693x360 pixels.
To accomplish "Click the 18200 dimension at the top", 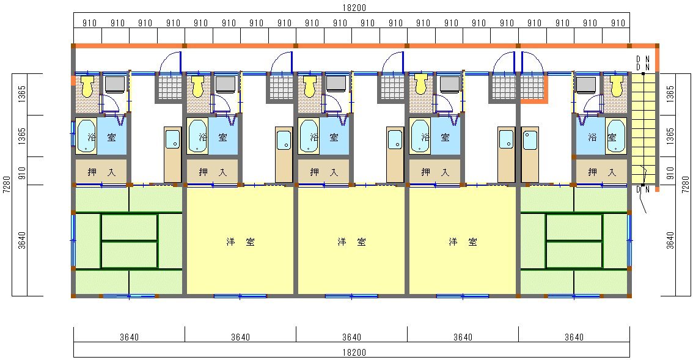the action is coord(354,8).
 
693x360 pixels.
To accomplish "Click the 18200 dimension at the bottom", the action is coord(354,353).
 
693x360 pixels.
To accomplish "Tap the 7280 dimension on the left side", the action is coord(6,185).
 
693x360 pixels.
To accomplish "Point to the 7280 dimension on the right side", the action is coord(686,185).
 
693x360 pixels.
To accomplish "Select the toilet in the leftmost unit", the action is coord(87,86).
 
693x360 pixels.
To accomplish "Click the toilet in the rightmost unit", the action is coord(617,86).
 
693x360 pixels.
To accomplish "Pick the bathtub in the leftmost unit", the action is coord(86,136).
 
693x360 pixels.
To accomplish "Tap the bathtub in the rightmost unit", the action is coord(615,136).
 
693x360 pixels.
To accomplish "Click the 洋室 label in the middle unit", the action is coord(351,242).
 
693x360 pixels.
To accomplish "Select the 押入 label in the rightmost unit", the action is coord(602,172).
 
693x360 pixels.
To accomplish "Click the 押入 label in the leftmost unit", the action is coord(101,172).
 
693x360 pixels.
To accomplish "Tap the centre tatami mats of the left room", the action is coord(130,241).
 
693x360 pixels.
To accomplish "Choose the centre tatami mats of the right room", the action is coord(574,241).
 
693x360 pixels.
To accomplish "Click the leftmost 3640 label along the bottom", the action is coord(129,337).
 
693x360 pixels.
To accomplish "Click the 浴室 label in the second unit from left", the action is coord(213,137).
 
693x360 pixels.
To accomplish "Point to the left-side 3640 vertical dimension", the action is coord(22,240).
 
